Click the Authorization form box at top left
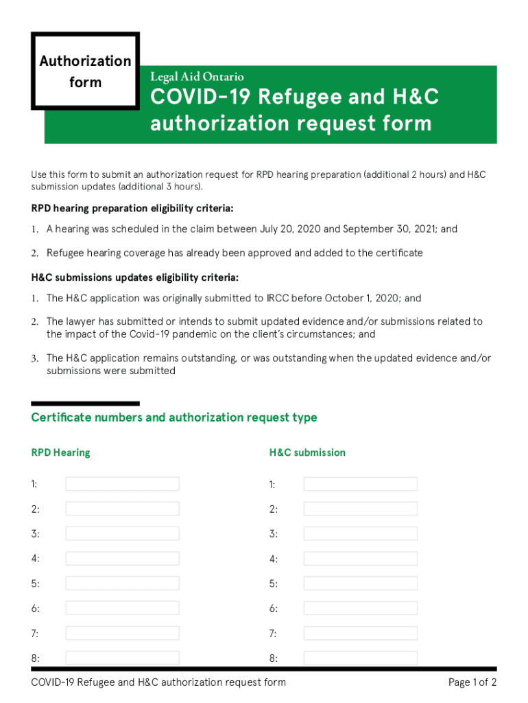85,71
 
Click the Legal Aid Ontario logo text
197,77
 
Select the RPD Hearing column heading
60,452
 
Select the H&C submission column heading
307,452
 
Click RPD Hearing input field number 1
122,484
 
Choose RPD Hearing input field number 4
122,559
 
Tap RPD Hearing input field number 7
122,633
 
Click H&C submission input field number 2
360,509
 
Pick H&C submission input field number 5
360,584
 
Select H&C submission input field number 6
360,608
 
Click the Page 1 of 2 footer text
472,682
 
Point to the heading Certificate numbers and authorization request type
174,417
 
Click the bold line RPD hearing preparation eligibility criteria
136,208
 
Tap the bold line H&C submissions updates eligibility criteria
135,277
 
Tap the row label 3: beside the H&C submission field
274,534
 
